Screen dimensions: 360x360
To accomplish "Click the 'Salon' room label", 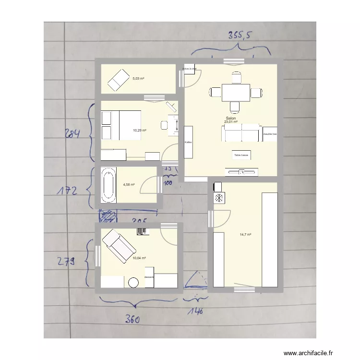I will [230, 118].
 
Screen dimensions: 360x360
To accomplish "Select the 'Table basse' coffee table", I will [241, 155].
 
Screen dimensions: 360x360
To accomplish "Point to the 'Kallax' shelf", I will [188, 142].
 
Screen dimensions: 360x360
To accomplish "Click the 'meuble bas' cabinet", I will [270, 134].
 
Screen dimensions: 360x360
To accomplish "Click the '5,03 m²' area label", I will [139, 79].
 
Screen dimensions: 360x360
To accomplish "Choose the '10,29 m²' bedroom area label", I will [140, 130].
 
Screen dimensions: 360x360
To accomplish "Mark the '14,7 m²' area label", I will [246, 235].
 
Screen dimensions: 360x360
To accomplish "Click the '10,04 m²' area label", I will [140, 258].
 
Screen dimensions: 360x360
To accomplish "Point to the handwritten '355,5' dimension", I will [240, 36].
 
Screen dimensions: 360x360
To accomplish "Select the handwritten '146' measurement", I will [195, 311].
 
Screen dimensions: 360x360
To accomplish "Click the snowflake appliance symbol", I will [218, 198].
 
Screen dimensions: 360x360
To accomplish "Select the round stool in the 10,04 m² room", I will [133, 283].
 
